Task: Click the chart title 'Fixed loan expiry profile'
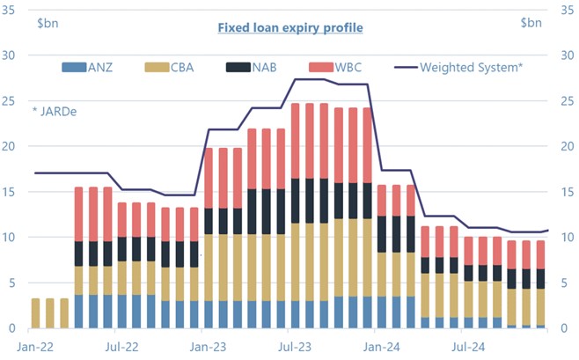(289, 27)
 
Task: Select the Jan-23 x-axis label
(208, 347)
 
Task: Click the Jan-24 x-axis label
(382, 347)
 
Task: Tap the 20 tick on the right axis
(568, 146)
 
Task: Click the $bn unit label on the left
(48, 22)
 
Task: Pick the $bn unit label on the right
(531, 22)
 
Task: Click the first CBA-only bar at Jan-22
(35, 313)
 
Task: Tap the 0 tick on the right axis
(564, 328)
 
